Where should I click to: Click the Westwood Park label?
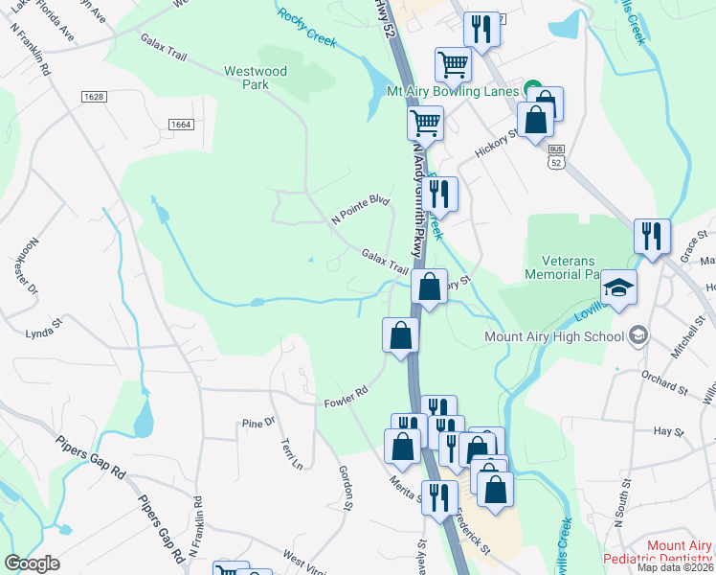tap(255, 78)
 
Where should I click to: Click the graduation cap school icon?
tap(618, 288)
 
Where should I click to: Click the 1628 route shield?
tap(94, 97)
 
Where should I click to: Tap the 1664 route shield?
tap(180, 125)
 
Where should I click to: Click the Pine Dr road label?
tap(258, 422)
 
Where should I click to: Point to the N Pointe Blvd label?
tap(361, 210)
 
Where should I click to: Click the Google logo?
tap(32, 563)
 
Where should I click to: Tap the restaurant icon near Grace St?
tap(652, 236)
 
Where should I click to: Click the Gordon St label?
tap(347, 487)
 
